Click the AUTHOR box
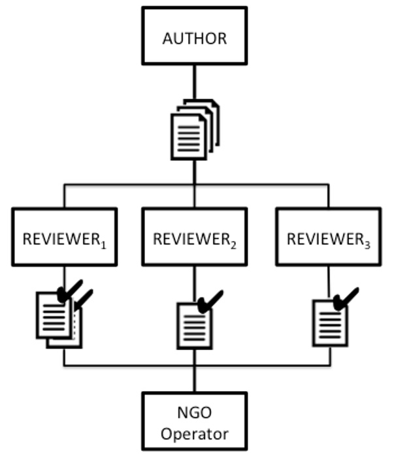[x=194, y=37]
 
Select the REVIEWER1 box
[x=64, y=236]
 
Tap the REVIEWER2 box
[x=194, y=236]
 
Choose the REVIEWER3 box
[x=329, y=236]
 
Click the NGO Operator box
[x=194, y=422]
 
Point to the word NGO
[x=195, y=413]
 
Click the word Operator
[x=195, y=432]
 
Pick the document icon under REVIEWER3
[x=329, y=322]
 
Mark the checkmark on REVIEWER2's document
[x=210, y=301]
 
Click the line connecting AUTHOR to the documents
[x=194, y=82]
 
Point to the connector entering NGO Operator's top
[x=194, y=379]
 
